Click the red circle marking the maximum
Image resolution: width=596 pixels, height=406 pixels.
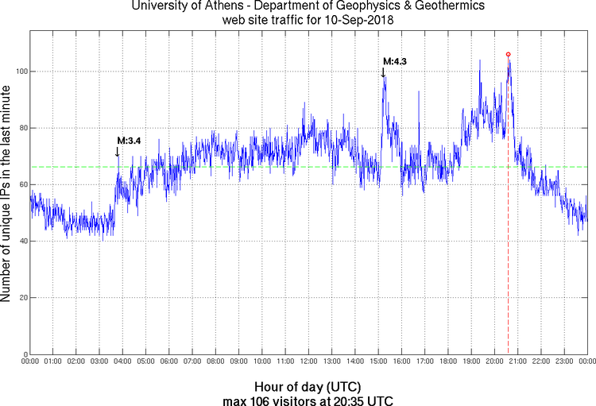tap(508, 54)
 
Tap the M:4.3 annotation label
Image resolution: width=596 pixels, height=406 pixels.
tap(395, 61)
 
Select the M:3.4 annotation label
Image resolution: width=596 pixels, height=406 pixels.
tap(129, 141)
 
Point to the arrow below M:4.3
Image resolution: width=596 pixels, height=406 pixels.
tap(383, 72)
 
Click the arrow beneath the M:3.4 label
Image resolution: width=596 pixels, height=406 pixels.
tap(118, 151)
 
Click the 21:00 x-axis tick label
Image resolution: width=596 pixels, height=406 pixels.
tap(517, 362)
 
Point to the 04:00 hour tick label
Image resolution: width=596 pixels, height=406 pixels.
tap(122, 362)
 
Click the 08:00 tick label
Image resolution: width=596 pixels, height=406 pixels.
tap(215, 362)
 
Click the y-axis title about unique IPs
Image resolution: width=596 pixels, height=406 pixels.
tap(7, 194)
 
